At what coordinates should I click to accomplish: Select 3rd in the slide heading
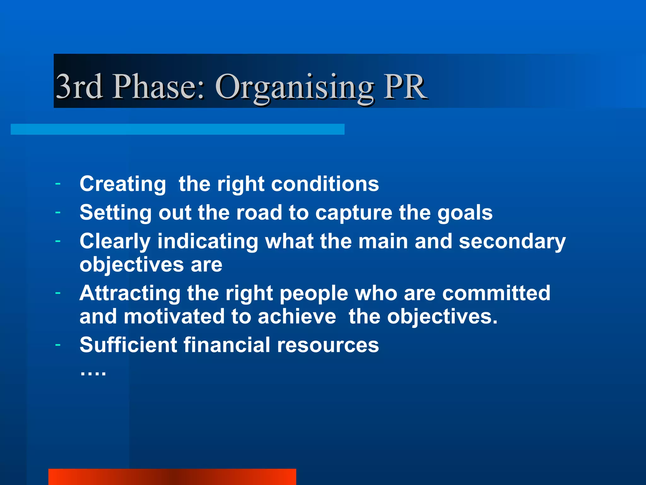79,87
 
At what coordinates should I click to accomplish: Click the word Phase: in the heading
159,87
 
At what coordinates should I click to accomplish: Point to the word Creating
122,184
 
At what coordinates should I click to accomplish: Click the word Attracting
130,293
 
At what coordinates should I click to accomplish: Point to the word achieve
297,316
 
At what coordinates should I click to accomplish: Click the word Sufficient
128,345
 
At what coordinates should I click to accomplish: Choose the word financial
227,345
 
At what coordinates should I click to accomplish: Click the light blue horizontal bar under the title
177,129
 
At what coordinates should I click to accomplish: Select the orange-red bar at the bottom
172,477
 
